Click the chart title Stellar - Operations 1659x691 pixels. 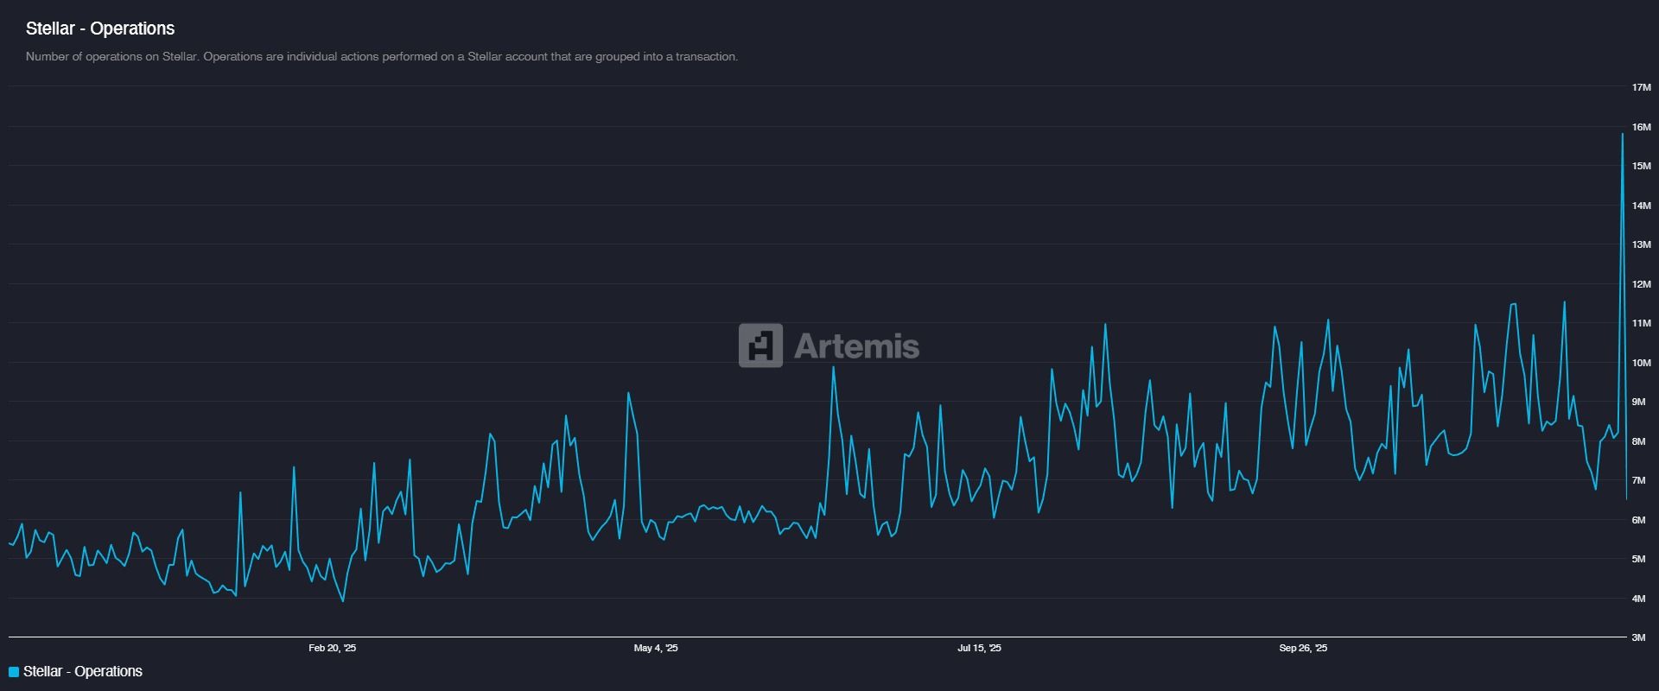[100, 29]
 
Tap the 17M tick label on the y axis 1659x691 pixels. [1641, 87]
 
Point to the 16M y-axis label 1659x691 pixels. [1641, 127]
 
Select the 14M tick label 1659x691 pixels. [1641, 206]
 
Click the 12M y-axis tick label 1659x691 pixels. [1641, 284]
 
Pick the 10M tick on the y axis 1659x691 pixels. [1641, 363]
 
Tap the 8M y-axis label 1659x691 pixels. [1638, 441]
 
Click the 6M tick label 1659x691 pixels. [1638, 520]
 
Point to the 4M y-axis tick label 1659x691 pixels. [1638, 599]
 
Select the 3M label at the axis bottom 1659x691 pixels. [1638, 637]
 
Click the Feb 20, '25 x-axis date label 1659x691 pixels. [332, 648]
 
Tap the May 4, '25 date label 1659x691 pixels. [656, 648]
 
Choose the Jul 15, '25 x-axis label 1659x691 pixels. [979, 648]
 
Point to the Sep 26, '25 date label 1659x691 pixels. [1303, 648]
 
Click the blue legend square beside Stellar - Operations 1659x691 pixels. [14, 672]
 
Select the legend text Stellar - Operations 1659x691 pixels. [83, 671]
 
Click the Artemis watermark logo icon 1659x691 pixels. [760, 345]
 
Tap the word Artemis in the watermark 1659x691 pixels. [856, 346]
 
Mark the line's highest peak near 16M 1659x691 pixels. [1622, 135]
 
